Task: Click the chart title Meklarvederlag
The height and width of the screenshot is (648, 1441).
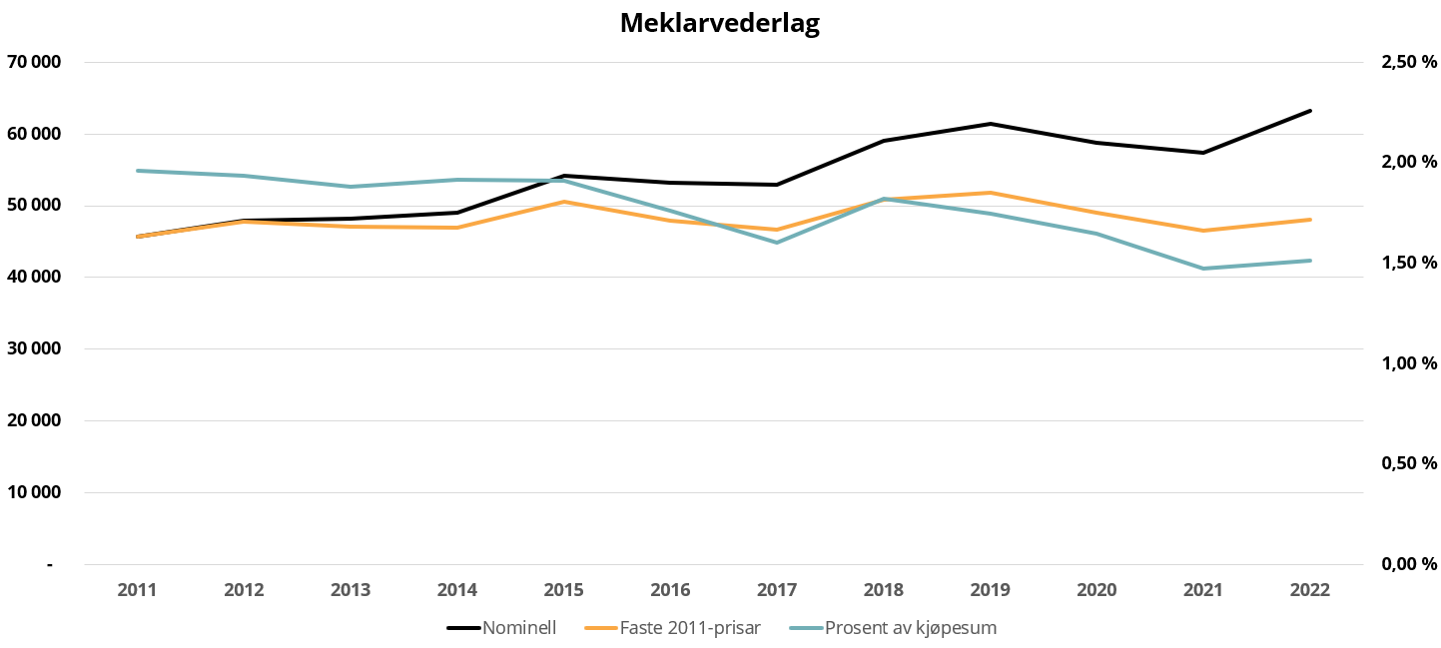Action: click(x=719, y=23)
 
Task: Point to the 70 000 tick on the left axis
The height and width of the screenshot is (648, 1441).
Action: click(x=35, y=62)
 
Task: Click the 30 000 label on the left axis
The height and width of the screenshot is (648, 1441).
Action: click(x=35, y=348)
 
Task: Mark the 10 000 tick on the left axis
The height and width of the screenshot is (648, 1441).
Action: click(x=35, y=492)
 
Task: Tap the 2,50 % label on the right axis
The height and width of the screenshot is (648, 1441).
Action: click(x=1408, y=62)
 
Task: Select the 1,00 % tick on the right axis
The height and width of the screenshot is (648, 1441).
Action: click(x=1408, y=363)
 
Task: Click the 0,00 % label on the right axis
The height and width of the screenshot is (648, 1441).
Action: click(x=1408, y=564)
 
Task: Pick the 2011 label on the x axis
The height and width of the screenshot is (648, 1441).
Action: click(x=137, y=590)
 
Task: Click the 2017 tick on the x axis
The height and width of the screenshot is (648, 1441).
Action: click(x=776, y=590)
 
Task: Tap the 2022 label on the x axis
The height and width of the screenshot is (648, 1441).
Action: click(x=1309, y=590)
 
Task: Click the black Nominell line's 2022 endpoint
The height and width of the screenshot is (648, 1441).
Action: click(x=1309, y=111)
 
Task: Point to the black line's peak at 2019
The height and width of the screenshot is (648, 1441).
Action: click(x=990, y=124)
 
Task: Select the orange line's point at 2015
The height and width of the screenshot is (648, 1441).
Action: click(x=563, y=202)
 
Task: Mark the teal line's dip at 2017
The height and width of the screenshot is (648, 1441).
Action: click(x=776, y=243)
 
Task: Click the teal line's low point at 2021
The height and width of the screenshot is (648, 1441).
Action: click(x=1202, y=269)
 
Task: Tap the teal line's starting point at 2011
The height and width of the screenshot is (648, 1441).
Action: click(x=137, y=171)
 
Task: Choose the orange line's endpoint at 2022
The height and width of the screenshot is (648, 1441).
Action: click(x=1309, y=220)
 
